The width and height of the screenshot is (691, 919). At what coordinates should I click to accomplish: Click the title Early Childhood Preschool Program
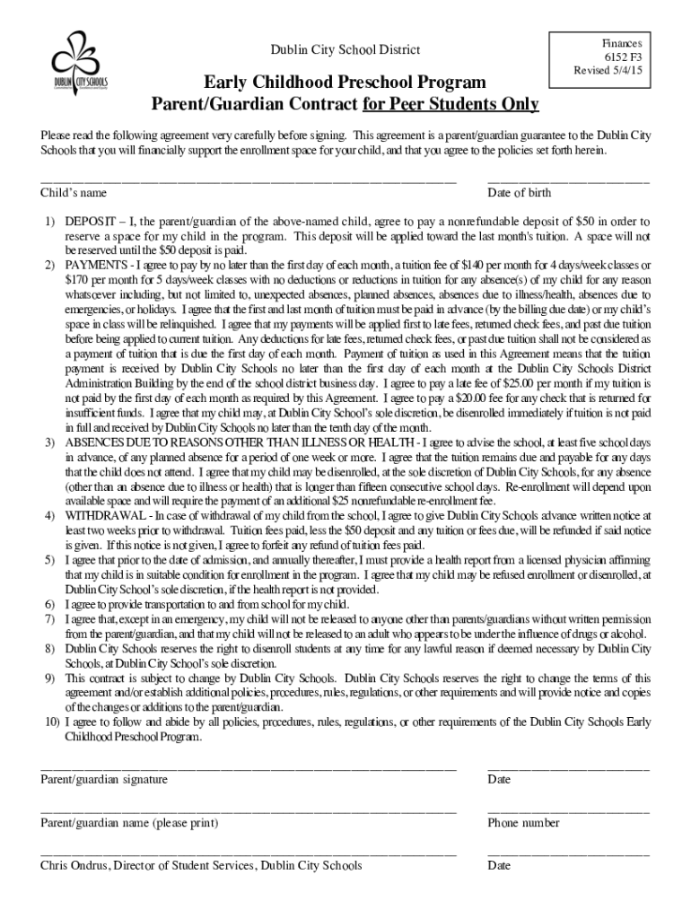[345, 83]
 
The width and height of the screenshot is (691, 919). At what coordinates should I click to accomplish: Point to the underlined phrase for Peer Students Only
[450, 106]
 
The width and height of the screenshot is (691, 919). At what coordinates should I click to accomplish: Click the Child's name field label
[74, 193]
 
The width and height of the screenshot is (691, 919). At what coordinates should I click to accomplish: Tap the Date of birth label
[519, 193]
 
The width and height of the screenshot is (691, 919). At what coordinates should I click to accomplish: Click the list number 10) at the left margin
[49, 722]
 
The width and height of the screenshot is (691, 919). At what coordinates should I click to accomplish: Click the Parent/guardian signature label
[104, 780]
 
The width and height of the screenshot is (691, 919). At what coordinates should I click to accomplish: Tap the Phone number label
[523, 823]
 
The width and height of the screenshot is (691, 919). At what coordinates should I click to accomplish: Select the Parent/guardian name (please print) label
[129, 823]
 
